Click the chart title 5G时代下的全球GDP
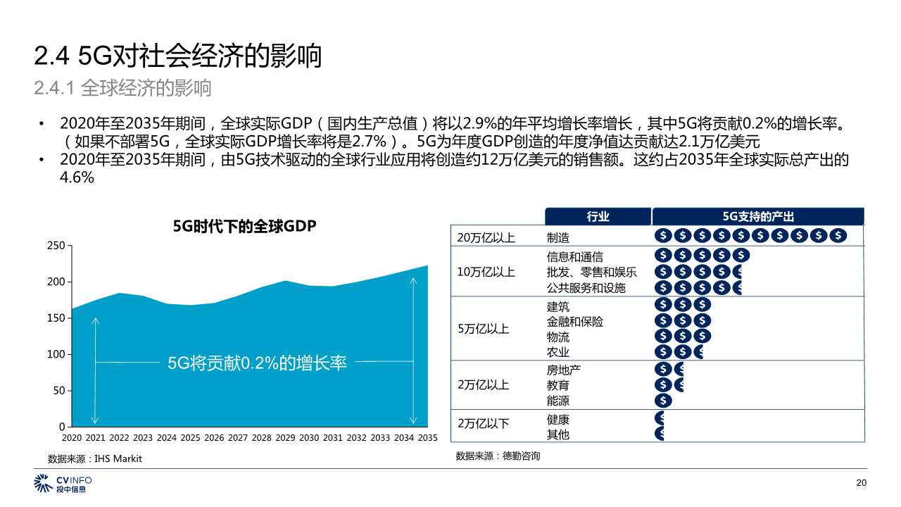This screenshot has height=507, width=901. [245, 227]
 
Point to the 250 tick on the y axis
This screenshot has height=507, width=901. [56, 246]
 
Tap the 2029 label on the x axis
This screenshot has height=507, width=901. [285, 438]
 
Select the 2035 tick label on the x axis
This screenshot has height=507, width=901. [427, 438]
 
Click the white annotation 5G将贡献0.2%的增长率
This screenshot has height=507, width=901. [257, 363]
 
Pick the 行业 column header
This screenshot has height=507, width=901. [598, 217]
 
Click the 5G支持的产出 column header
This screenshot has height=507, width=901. [757, 217]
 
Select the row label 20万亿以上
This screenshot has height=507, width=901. [486, 238]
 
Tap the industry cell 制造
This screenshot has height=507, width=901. [558, 238]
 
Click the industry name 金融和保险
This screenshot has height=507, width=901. [575, 322]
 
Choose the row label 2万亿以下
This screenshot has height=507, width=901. [483, 424]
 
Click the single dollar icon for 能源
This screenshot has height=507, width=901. [663, 401]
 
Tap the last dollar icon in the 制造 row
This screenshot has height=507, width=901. [838, 236]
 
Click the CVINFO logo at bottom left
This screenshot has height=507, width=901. [63, 484]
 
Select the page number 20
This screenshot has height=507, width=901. [860, 483]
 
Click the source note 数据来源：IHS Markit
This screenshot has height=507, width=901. [95, 458]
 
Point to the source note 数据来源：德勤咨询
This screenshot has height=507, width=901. [498, 456]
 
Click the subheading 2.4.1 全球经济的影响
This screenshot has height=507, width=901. [123, 89]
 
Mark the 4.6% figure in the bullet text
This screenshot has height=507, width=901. [77, 178]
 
